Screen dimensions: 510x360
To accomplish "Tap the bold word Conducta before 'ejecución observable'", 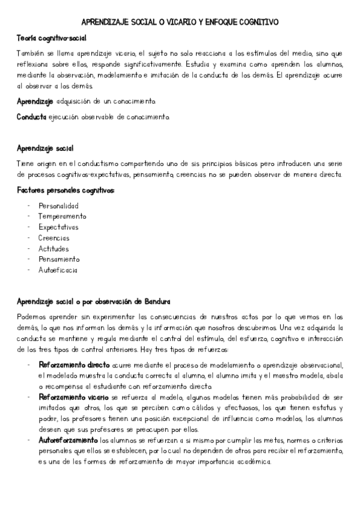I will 31,116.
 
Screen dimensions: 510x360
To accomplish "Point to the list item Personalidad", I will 58,206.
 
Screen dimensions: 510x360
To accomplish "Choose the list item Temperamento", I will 62,217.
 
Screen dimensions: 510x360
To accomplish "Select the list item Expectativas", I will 58,227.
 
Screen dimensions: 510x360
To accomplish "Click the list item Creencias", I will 54,238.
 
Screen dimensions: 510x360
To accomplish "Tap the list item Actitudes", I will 53,249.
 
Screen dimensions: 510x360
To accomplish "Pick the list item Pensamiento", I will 59,260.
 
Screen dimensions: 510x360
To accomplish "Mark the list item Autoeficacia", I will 58,271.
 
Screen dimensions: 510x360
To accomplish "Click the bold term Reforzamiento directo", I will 75,365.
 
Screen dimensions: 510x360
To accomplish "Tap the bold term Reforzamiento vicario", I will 75,398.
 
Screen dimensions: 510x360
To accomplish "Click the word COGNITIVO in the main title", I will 258,22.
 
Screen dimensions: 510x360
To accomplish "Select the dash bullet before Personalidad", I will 29,206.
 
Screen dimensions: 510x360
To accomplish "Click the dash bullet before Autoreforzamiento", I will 29,440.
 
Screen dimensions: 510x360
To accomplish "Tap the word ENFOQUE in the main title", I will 219,22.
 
